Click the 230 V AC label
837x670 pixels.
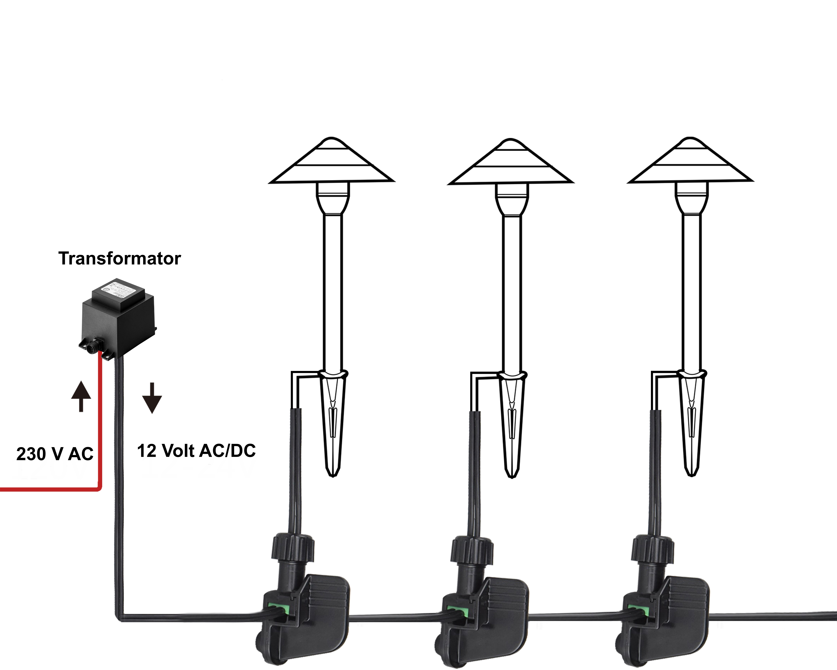tap(55, 454)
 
